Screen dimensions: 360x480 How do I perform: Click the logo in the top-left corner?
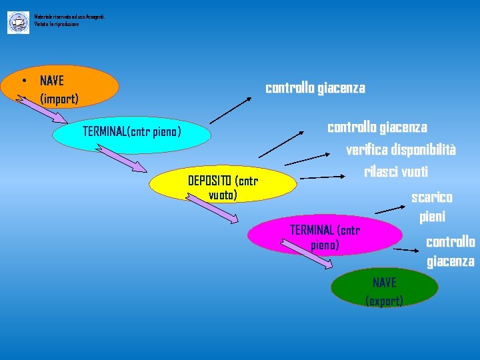click(18, 23)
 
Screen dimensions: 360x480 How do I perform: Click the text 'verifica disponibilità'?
click(401, 150)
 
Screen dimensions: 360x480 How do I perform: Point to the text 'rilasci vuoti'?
click(395, 171)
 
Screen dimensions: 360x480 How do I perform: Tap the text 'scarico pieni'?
click(432, 207)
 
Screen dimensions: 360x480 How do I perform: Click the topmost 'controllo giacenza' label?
click(315, 88)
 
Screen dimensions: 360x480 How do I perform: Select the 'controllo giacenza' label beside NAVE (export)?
click(451, 251)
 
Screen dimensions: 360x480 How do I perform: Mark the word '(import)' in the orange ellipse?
click(59, 99)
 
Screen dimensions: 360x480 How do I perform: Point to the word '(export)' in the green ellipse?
click(385, 301)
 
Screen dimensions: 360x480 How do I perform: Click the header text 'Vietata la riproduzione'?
click(57, 24)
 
